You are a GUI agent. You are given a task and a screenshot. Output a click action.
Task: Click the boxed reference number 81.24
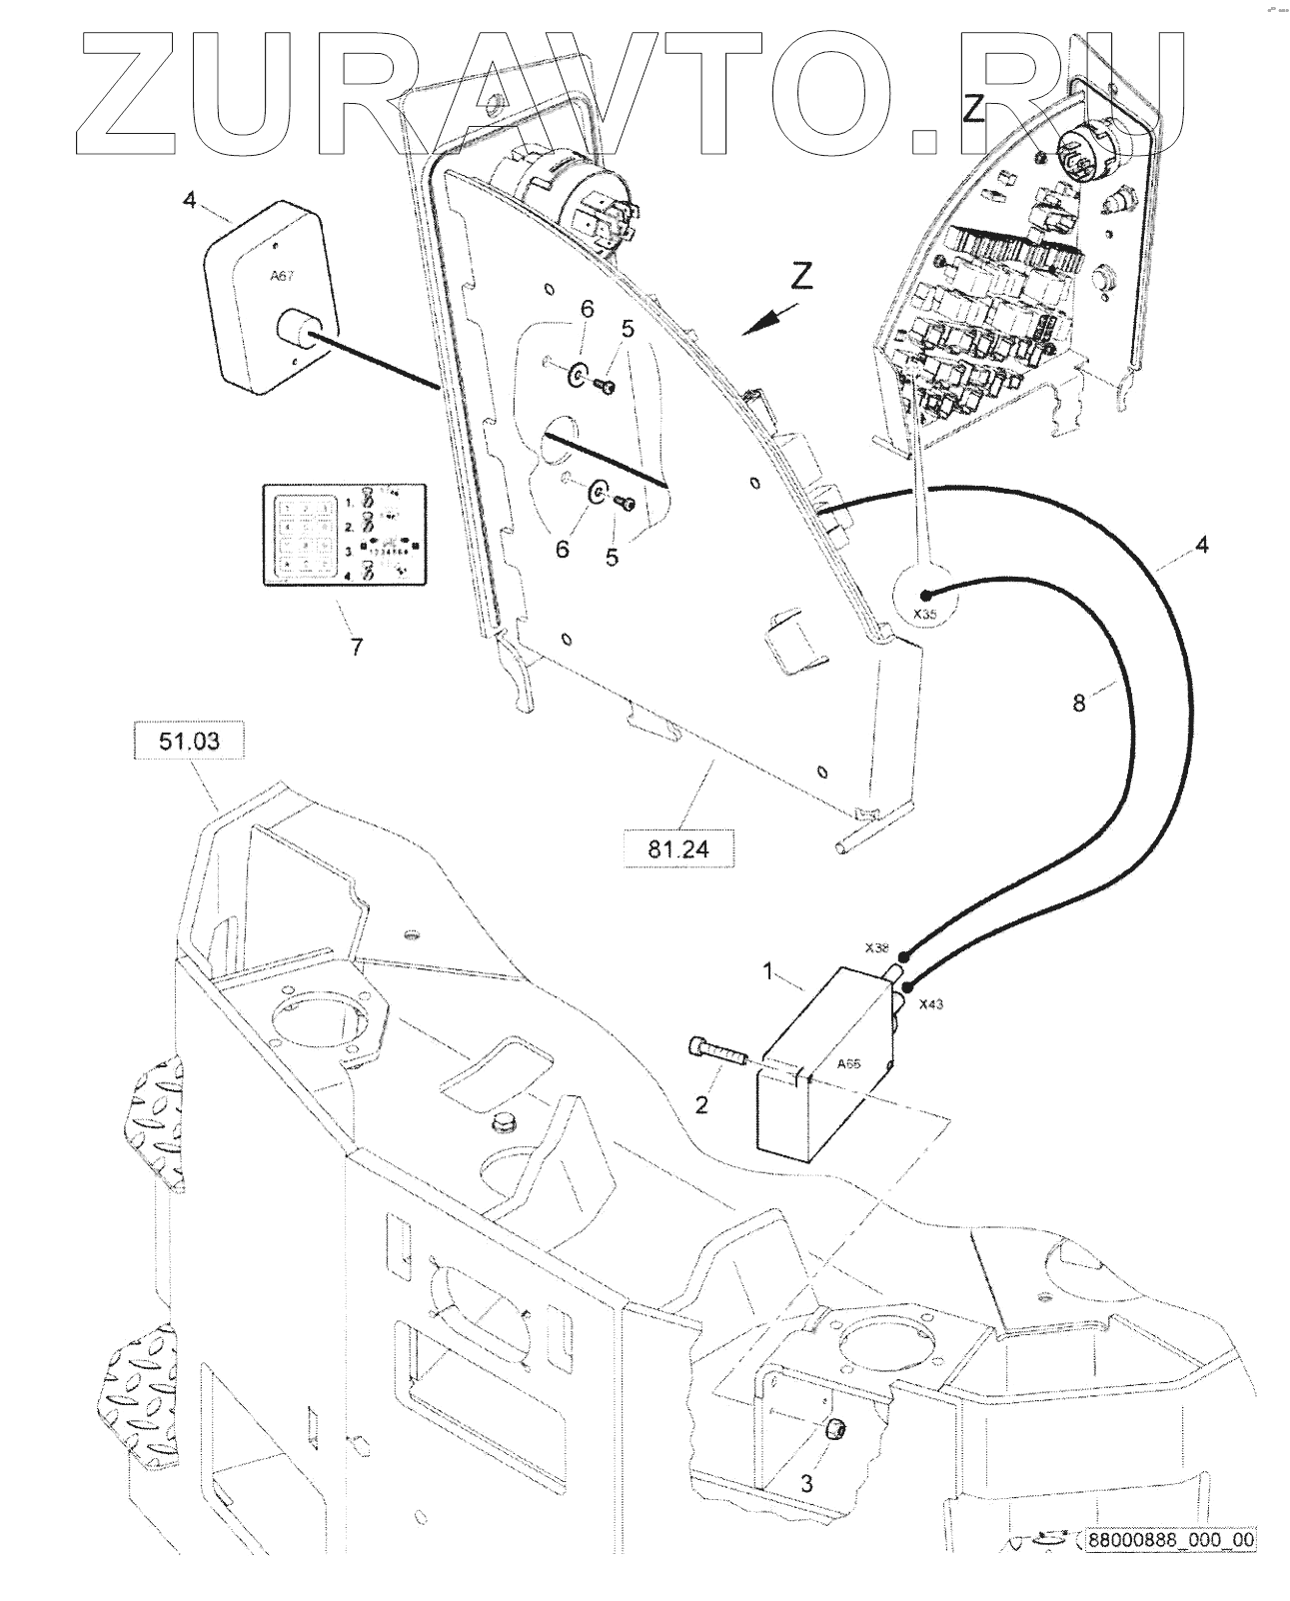(678, 849)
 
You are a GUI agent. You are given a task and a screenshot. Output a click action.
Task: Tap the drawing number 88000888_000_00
(1170, 1567)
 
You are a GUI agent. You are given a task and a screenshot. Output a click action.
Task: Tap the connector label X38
(876, 947)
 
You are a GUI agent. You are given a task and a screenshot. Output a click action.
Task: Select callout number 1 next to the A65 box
(769, 969)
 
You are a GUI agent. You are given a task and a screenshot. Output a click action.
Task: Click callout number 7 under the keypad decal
(356, 646)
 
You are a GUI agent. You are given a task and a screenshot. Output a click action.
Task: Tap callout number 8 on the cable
(1078, 703)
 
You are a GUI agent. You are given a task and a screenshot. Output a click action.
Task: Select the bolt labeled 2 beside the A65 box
(713, 1052)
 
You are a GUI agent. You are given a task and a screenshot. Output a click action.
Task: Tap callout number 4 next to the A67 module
(190, 200)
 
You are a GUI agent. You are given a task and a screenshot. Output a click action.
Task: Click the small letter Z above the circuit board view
(974, 108)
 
